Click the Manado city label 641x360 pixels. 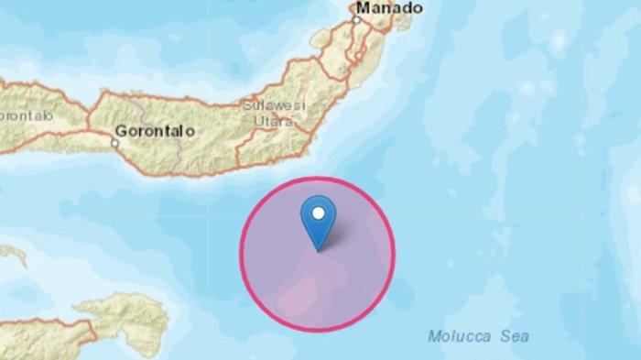[389, 8]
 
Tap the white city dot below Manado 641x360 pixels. [358, 19]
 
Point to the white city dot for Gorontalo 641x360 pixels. [116, 142]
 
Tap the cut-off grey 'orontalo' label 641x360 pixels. [27, 118]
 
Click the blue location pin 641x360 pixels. [318, 221]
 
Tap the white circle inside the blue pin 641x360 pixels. [318, 213]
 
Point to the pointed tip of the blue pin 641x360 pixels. [318, 249]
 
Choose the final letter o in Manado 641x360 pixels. [418, 8]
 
